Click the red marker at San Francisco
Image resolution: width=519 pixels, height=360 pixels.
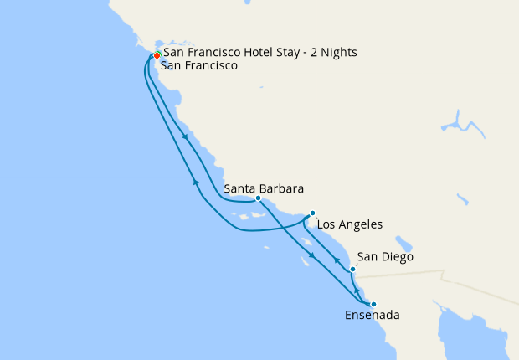click(x=157, y=56)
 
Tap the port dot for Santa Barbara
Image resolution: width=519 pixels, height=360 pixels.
click(x=258, y=198)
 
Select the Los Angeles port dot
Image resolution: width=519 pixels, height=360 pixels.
click(x=312, y=213)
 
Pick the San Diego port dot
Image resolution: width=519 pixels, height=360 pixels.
click(x=352, y=269)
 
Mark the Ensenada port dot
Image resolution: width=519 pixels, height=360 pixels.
click(x=373, y=304)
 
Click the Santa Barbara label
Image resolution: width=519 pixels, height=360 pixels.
click(x=264, y=188)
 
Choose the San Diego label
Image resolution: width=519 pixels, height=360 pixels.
click(x=385, y=257)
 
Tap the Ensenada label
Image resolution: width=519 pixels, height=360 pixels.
click(x=372, y=316)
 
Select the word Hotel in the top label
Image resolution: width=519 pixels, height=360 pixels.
click(x=262, y=52)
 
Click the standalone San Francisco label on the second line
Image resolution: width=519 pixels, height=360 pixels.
click(x=201, y=65)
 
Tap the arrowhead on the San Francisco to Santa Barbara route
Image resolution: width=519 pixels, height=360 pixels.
click(x=184, y=138)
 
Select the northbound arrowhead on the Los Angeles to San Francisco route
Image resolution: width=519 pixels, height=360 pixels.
click(x=196, y=182)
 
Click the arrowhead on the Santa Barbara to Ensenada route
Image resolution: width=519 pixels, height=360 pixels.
click(x=311, y=255)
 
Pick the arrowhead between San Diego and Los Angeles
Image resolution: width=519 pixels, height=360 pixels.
click(x=337, y=260)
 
